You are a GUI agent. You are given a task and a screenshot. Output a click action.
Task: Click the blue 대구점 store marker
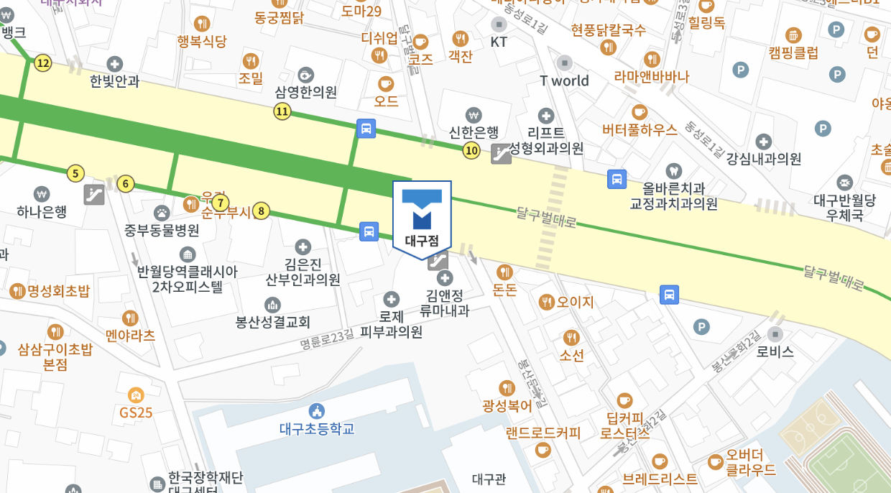pos(422,216)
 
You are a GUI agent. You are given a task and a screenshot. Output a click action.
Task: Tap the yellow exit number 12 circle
pos(43,63)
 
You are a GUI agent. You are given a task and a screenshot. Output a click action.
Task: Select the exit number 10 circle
pos(471,150)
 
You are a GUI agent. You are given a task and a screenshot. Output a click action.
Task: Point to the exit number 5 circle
pos(75,173)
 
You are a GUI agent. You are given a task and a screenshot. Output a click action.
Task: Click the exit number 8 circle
pos(261,211)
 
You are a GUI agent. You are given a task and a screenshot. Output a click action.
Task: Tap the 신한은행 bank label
pos(473,132)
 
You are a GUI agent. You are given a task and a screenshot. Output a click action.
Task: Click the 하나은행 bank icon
pos(42,194)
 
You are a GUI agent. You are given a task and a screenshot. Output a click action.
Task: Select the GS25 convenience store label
pos(136,413)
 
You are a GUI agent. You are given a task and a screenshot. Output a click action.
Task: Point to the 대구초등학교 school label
pos(317,429)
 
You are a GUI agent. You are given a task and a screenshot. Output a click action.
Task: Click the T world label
pos(565,80)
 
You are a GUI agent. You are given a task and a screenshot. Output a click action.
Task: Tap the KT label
pos(499,42)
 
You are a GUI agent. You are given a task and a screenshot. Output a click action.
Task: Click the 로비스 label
pos(775,352)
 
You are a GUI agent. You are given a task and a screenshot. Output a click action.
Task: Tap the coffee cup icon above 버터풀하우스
pos(639,112)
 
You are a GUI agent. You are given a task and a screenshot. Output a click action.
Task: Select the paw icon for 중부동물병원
pos(162,213)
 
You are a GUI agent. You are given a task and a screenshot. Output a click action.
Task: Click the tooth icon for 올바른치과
pos(673,171)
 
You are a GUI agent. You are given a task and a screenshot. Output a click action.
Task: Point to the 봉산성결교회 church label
pos(272,321)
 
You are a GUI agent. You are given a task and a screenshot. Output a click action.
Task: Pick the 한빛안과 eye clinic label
pos(114,81)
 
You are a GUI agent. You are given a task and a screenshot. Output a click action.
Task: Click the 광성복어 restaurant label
pos(507,405)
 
